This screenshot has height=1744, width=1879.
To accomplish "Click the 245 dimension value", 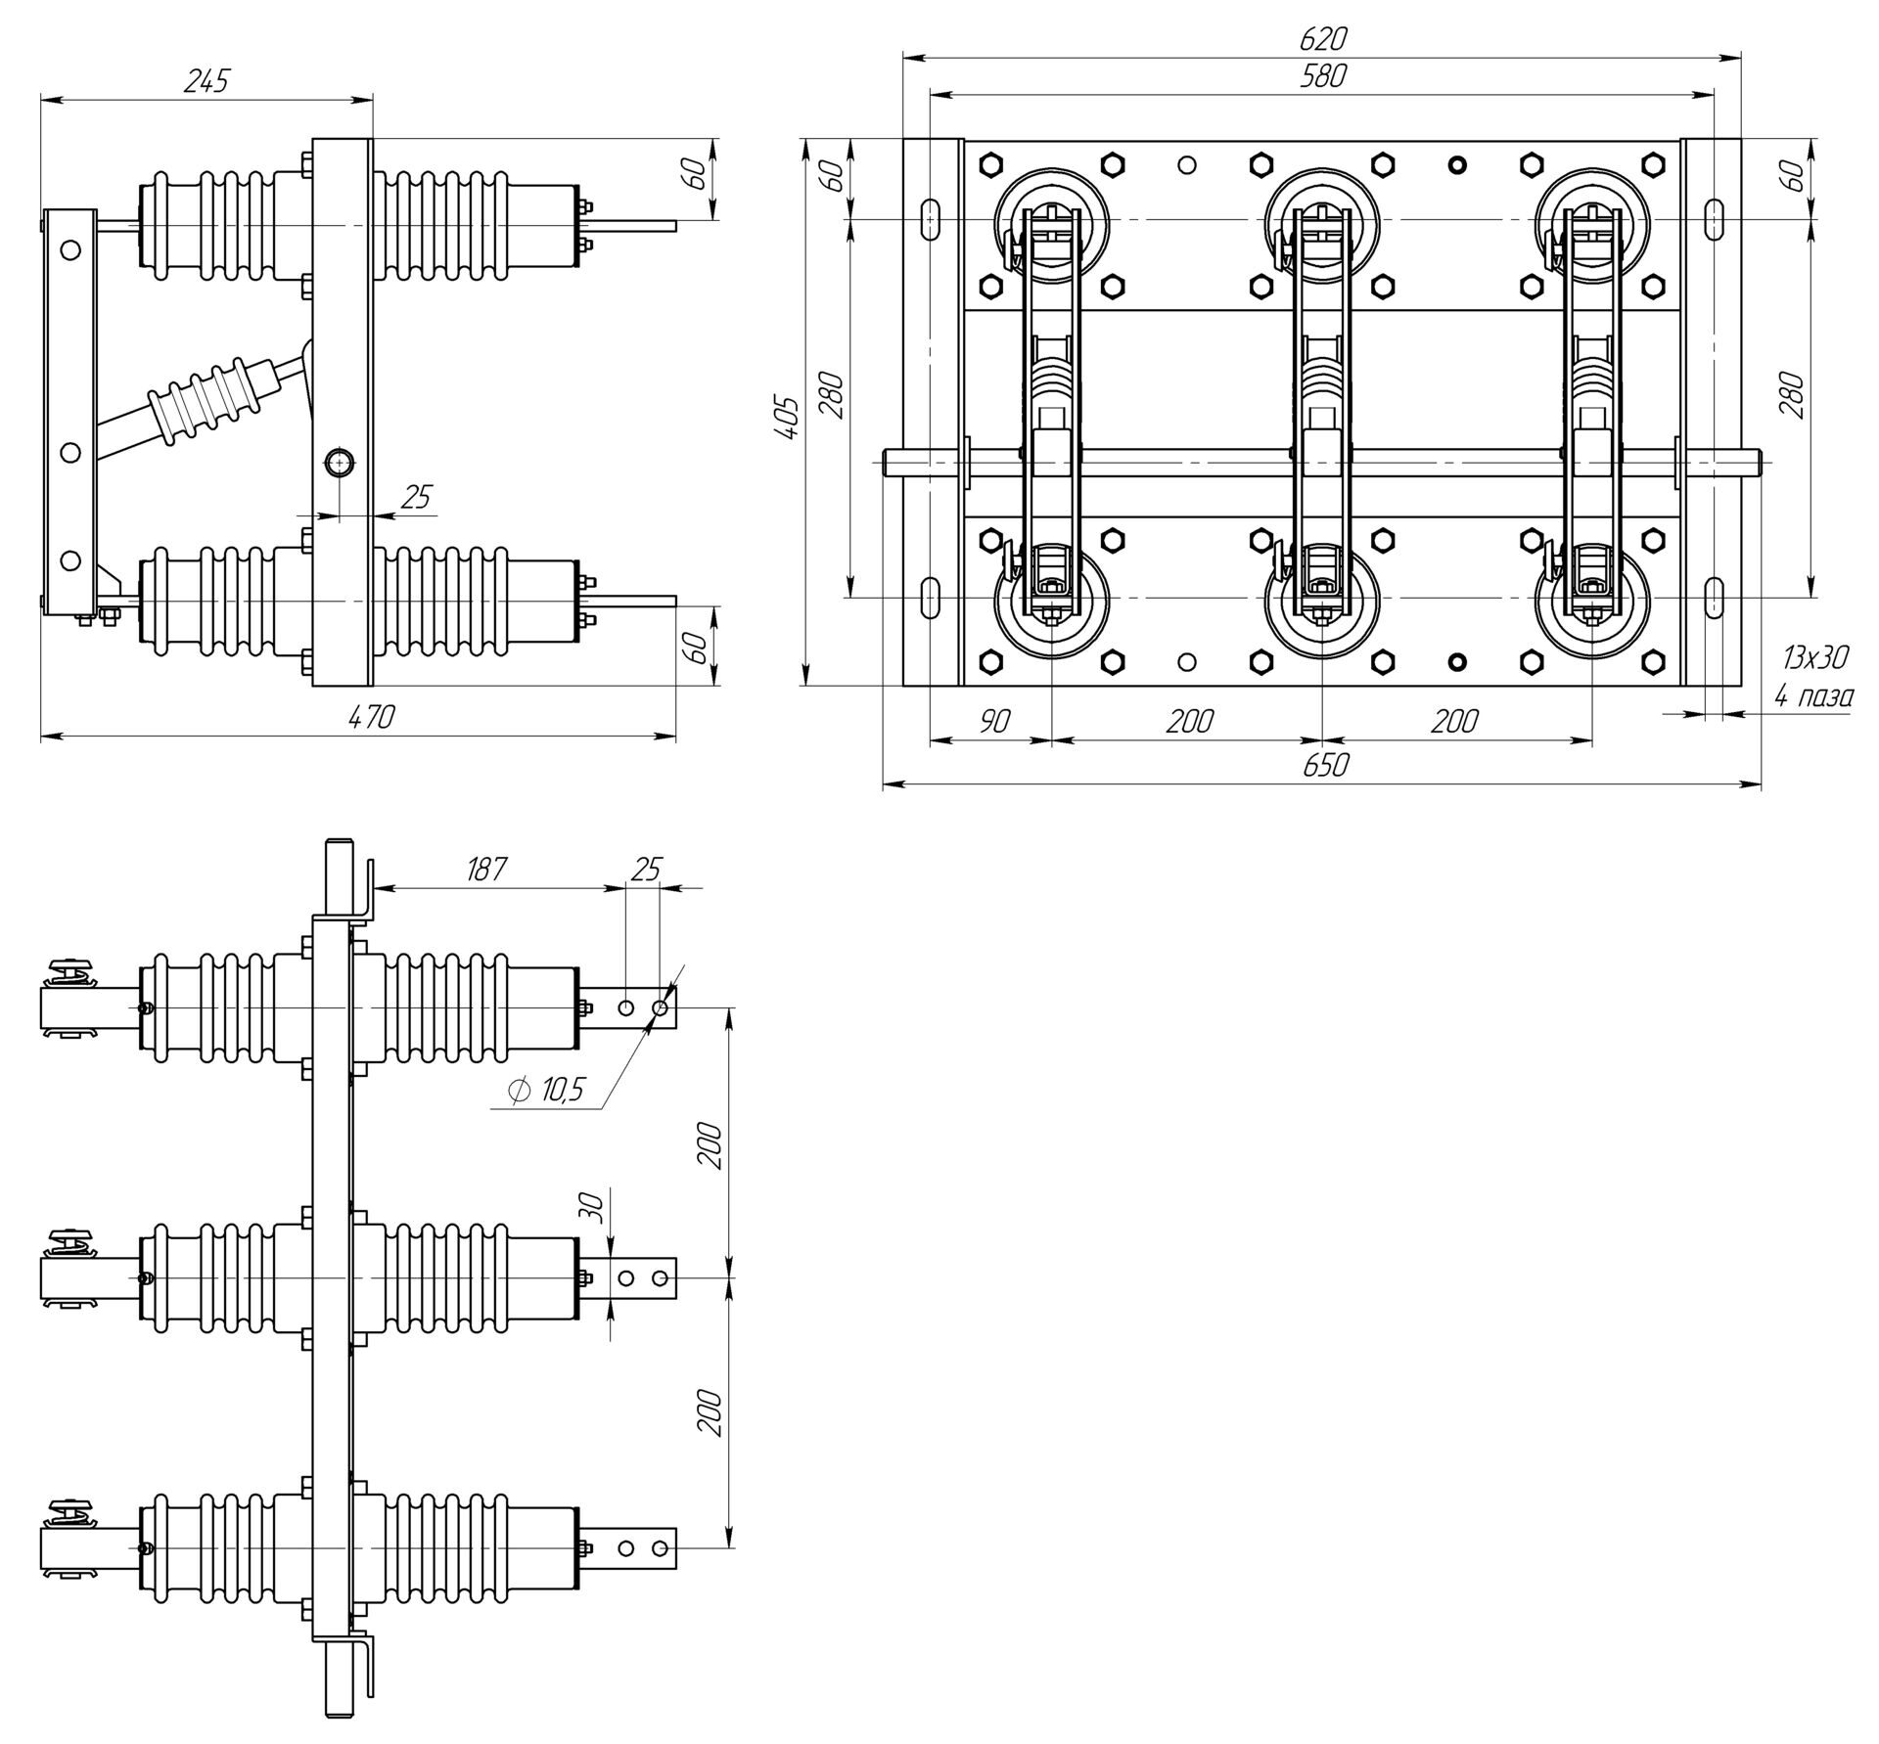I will coord(206,81).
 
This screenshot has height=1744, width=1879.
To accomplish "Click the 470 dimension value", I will coord(371,717).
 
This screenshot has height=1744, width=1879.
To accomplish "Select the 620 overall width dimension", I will coord(1322,39).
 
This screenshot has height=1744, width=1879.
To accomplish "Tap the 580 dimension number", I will coord(1322,76).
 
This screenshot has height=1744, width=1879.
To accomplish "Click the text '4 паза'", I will coord(1813,696).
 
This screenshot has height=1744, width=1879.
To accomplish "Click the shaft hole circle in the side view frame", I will coord(340,462).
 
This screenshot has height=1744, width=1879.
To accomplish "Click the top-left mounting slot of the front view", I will coord(931,219).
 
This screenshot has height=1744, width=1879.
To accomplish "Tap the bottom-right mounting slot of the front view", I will coord(1714,598).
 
